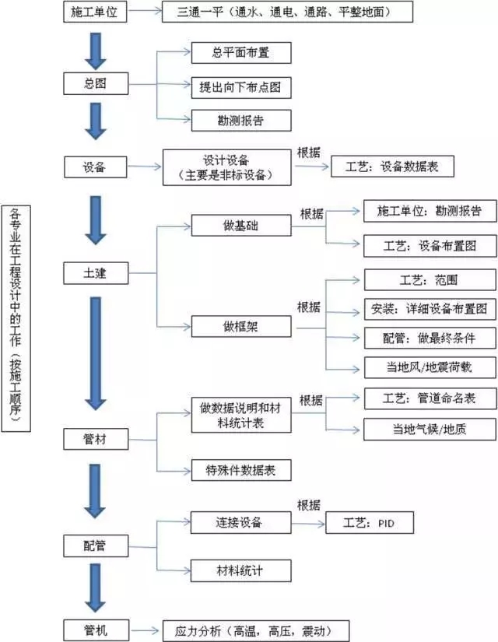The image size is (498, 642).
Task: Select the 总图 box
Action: (96, 83)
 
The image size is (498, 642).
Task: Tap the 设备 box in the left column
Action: (96, 166)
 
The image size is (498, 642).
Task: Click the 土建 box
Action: (96, 273)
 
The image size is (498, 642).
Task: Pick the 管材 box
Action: (96, 440)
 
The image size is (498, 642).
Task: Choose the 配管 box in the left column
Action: (96, 546)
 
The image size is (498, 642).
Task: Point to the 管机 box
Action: (96, 630)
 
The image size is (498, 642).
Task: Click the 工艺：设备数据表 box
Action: (391, 166)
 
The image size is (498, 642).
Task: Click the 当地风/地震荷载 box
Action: (429, 367)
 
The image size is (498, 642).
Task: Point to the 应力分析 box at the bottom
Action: (255, 630)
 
